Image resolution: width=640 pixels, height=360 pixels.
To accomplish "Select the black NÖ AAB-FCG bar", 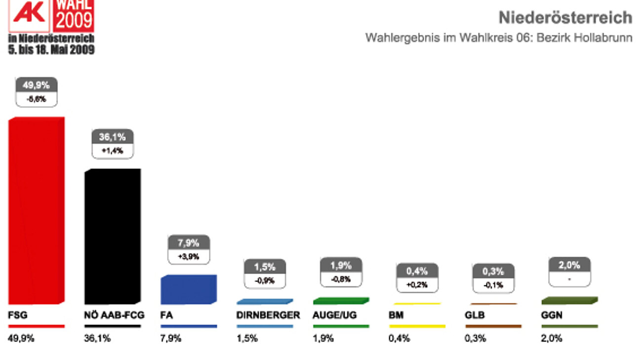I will [113, 237].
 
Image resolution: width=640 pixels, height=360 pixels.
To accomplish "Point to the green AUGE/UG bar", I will [341, 301].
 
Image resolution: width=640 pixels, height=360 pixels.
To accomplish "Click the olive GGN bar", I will [569, 300].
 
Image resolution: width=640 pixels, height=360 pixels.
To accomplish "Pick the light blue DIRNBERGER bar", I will [265, 301].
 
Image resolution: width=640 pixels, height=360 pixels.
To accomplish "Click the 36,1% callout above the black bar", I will [113, 137].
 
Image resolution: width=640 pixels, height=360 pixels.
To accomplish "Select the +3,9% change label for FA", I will [189, 256].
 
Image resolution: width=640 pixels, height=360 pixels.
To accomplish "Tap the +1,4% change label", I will [113, 151].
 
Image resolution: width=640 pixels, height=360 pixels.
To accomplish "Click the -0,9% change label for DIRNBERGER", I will [265, 280].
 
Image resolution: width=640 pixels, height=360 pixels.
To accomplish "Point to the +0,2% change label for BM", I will [417, 284].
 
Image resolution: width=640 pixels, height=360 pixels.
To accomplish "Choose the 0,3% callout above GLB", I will [493, 271].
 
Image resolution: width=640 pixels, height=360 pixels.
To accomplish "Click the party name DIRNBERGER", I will [268, 315].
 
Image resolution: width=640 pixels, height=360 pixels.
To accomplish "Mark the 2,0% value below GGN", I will [552, 339].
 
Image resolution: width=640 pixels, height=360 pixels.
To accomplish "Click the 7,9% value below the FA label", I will [171, 339].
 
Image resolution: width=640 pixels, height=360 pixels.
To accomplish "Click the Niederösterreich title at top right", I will [565, 18].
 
